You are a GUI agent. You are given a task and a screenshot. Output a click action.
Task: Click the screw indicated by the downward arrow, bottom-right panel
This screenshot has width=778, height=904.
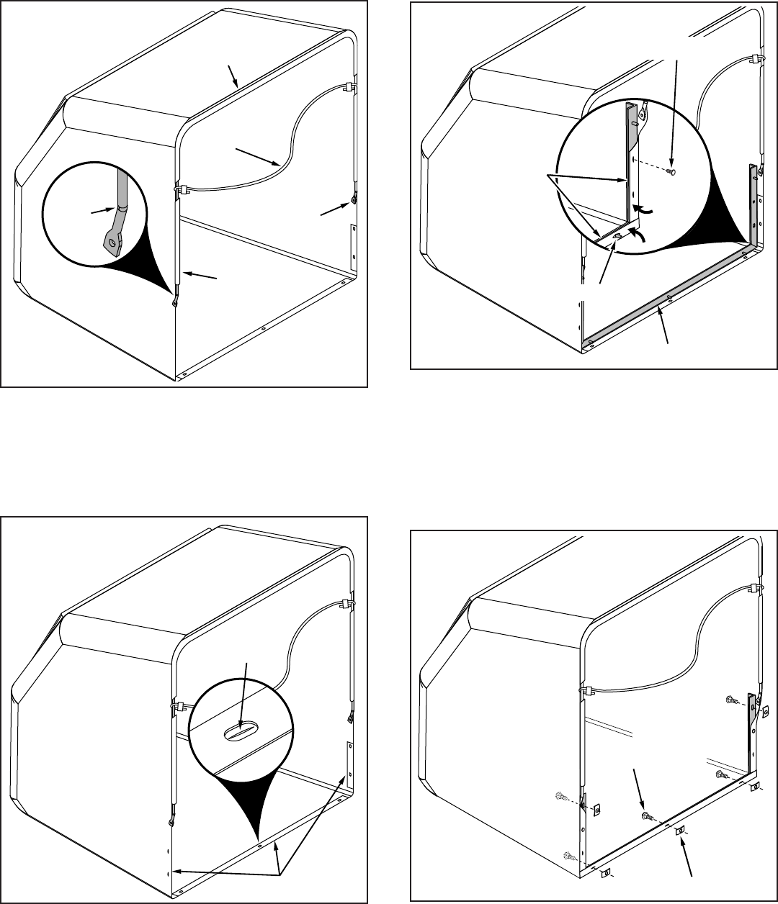click(x=646, y=815)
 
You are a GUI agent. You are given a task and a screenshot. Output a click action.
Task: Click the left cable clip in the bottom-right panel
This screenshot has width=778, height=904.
click(x=585, y=690)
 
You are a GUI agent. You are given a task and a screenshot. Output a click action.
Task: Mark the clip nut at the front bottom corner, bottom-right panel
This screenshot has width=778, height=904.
click(x=604, y=873)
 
